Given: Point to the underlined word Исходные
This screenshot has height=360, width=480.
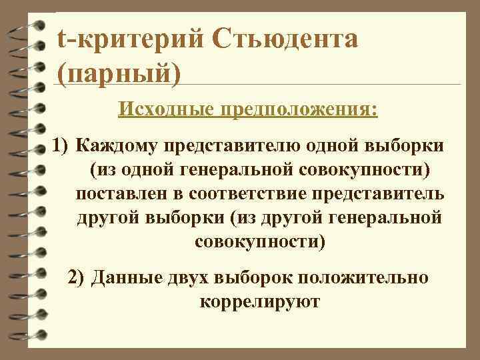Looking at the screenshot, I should (x=167, y=107).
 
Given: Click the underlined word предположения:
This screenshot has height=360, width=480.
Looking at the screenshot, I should (x=300, y=107).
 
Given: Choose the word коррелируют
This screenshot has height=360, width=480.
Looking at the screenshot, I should (x=259, y=301).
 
